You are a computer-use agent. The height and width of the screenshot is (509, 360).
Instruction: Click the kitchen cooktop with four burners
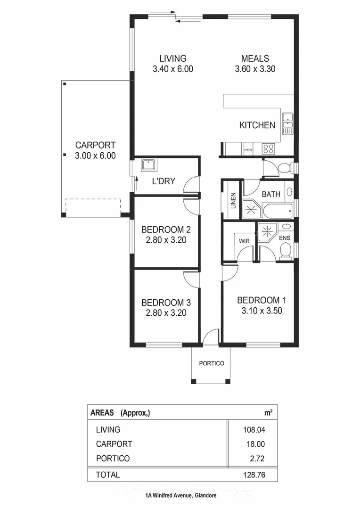click(269, 148)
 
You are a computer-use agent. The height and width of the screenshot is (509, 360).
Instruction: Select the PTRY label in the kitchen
click(248, 150)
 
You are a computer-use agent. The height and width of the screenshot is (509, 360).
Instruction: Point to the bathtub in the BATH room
click(278, 210)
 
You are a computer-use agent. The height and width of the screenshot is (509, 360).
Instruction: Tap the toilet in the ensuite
click(285, 253)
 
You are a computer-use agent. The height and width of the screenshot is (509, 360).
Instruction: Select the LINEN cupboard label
click(233, 200)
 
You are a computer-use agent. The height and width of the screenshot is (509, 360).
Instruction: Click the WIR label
click(244, 241)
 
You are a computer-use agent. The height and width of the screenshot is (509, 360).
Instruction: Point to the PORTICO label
click(211, 363)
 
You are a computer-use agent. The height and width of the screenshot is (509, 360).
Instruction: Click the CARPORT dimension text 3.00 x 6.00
click(95, 156)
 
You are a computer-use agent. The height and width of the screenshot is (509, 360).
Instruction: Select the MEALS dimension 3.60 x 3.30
click(255, 69)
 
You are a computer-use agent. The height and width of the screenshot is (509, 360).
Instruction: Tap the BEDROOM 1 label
click(262, 300)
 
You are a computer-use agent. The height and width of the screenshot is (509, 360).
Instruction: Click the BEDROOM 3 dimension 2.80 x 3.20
click(166, 312)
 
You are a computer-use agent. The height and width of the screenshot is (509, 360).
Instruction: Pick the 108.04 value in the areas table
click(253, 430)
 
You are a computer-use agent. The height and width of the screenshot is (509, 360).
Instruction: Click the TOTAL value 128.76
click(253, 475)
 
